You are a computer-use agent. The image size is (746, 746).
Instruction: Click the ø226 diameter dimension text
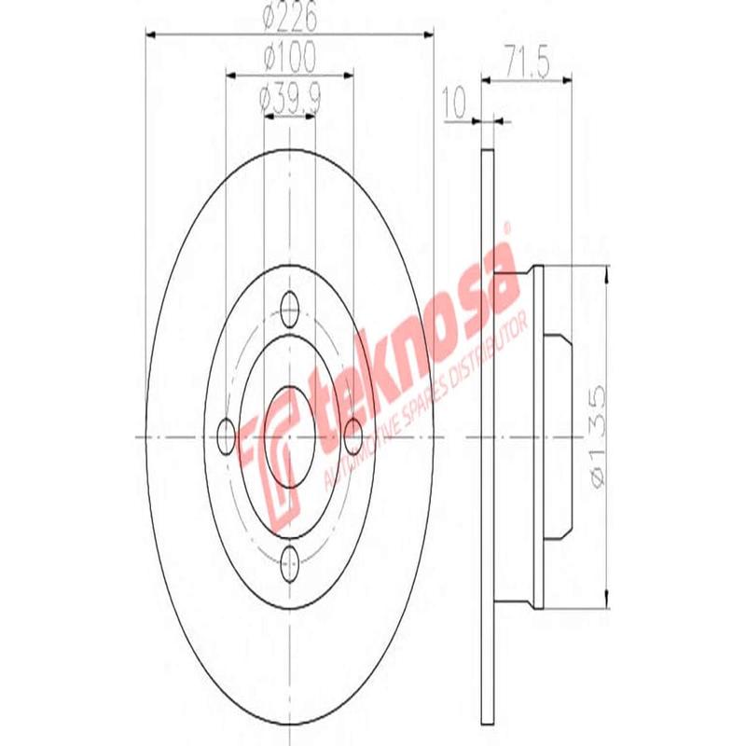point(290,17)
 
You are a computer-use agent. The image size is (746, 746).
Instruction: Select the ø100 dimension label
point(290,58)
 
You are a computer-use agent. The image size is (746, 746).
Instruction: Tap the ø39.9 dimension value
point(290,97)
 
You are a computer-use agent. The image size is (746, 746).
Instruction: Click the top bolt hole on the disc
point(290,307)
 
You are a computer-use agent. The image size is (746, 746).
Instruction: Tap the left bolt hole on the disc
point(226,433)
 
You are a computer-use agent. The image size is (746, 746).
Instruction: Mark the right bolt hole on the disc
point(353,433)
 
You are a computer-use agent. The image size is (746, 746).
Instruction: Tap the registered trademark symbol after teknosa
point(508,227)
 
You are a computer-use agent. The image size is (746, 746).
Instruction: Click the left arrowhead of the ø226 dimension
point(151,35)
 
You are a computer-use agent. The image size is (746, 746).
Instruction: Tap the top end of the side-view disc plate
point(487,153)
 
